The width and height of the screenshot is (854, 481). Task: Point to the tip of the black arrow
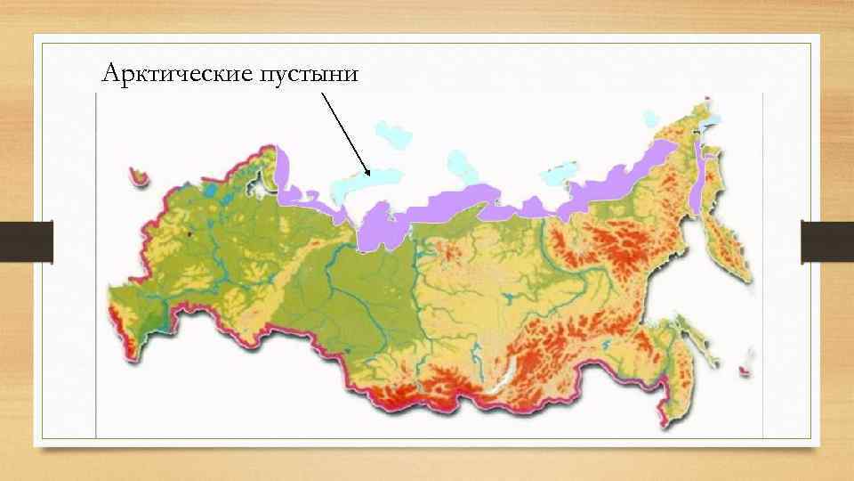coord(367,175)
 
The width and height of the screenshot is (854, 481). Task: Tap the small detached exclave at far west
coord(138,175)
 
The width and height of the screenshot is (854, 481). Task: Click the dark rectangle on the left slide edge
coord(27,241)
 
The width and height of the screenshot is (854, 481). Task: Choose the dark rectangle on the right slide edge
coord(827,241)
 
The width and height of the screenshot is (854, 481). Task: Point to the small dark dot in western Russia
coord(189,234)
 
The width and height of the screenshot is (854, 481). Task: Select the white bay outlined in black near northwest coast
coord(259,187)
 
